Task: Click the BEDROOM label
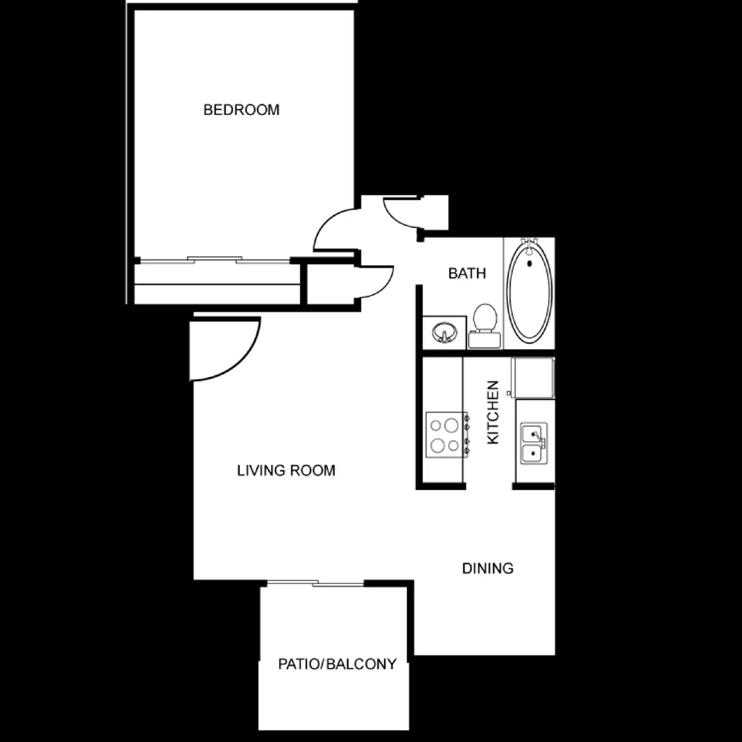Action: pos(241,110)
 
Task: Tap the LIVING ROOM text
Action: pos(286,470)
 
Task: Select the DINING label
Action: pos(487,568)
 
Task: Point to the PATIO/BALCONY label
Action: pos(337,664)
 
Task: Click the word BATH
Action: pos(467,273)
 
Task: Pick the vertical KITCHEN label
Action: pos(493,412)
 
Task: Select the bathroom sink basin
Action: pos(444,332)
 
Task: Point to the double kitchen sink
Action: pos(534,443)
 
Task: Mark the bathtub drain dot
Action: pos(529,264)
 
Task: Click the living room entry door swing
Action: pos(223,348)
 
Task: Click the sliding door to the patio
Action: pos(315,583)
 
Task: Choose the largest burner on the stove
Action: pos(451,425)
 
